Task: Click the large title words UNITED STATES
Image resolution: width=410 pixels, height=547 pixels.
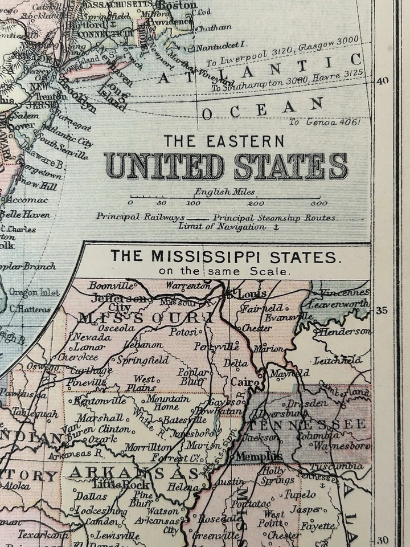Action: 225,166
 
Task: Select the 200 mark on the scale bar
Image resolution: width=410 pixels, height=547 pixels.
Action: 256,203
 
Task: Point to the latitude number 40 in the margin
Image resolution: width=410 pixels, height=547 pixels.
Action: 382,80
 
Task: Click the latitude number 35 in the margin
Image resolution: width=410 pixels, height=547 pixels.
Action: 382,311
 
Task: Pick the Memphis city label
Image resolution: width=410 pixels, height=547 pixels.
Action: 259,456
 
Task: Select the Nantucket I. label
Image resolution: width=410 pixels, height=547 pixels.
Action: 223,44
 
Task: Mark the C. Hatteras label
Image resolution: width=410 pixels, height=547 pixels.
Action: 30,309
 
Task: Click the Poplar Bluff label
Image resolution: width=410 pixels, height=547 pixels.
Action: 194,377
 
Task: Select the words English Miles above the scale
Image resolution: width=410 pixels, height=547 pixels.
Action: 224,192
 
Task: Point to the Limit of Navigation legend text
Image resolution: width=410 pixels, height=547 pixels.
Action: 222,226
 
